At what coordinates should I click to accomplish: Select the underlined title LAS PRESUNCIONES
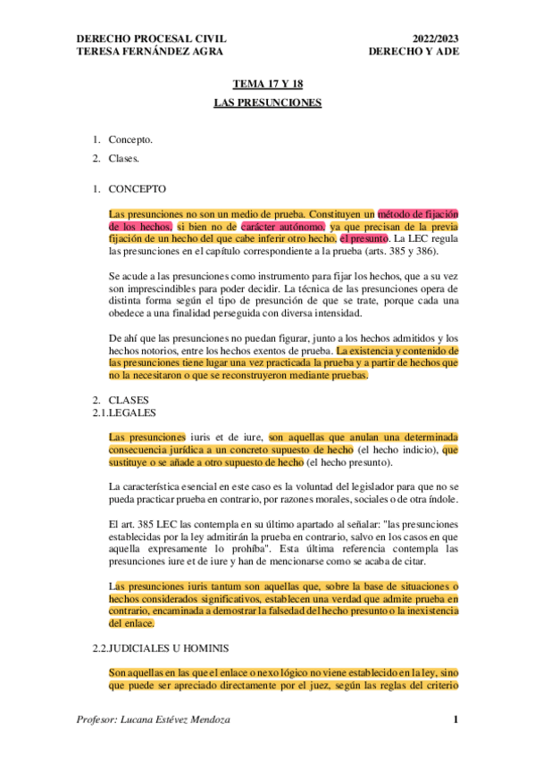267,103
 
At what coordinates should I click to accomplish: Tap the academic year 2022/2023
435,39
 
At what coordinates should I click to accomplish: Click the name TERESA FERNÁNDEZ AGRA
139,52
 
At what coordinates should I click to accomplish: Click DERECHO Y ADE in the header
412,52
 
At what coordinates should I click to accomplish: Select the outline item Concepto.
130,140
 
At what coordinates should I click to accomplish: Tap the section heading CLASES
129,401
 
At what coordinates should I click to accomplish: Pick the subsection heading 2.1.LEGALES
126,413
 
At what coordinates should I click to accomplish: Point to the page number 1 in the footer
455,720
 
